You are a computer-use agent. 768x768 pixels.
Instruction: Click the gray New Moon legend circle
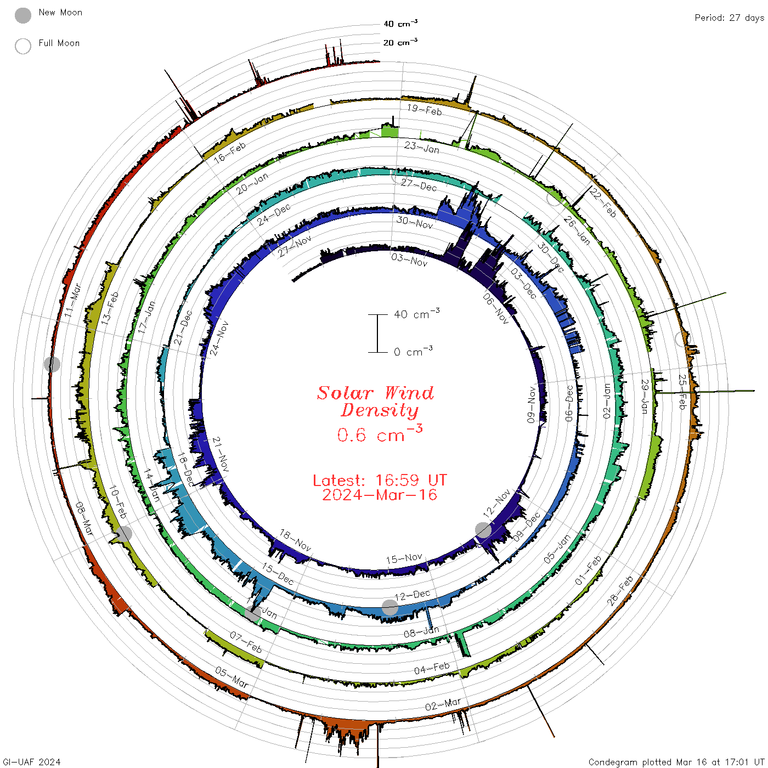[22, 15]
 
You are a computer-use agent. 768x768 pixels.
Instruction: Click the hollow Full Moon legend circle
[22, 46]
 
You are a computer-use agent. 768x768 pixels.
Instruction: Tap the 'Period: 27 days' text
[729, 18]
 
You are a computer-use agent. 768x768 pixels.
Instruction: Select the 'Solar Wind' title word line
[375, 393]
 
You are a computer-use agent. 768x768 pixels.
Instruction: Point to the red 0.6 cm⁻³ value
[380, 434]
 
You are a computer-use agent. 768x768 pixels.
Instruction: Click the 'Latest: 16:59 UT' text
[380, 480]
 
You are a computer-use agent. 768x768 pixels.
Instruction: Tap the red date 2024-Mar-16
[380, 495]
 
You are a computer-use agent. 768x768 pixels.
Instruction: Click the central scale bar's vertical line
[377, 333]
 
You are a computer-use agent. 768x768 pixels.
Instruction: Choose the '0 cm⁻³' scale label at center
[413, 351]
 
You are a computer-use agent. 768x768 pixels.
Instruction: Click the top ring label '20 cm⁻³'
[400, 42]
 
